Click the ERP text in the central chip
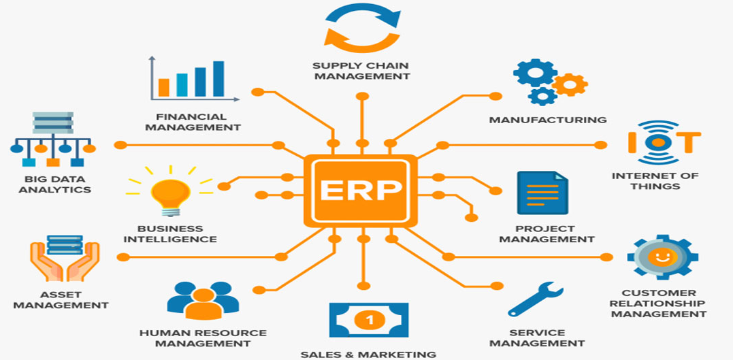(x=360, y=190)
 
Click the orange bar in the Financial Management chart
(x=163, y=86)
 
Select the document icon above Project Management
(x=542, y=193)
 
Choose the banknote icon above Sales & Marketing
(x=369, y=319)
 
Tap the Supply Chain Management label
(x=361, y=71)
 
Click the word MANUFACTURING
(x=547, y=120)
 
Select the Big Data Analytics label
(x=54, y=184)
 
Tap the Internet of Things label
(x=655, y=180)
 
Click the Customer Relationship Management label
(x=657, y=304)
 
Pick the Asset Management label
(x=61, y=300)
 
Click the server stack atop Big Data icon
(x=53, y=125)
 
